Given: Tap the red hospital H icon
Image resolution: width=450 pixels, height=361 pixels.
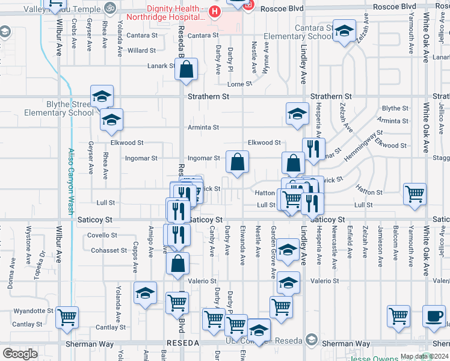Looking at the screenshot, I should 215,11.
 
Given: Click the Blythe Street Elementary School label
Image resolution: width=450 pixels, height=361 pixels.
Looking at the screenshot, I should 59,108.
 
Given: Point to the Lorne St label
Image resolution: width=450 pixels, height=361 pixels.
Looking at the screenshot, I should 240,84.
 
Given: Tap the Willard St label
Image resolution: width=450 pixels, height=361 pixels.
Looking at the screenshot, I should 142,51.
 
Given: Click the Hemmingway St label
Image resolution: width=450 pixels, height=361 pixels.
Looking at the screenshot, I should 363,146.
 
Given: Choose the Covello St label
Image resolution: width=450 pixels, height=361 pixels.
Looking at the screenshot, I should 102,235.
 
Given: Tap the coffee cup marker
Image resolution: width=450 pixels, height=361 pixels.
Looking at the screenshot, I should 433,316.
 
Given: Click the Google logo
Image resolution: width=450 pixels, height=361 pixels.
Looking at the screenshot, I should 20,354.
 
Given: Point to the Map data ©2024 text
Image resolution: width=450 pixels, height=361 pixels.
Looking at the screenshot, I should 424,356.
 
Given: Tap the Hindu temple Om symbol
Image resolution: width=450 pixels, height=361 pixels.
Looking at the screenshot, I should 109,8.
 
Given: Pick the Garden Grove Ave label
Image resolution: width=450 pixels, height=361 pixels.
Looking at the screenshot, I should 273,253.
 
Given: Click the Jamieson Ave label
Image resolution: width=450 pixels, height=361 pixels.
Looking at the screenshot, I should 380,247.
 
